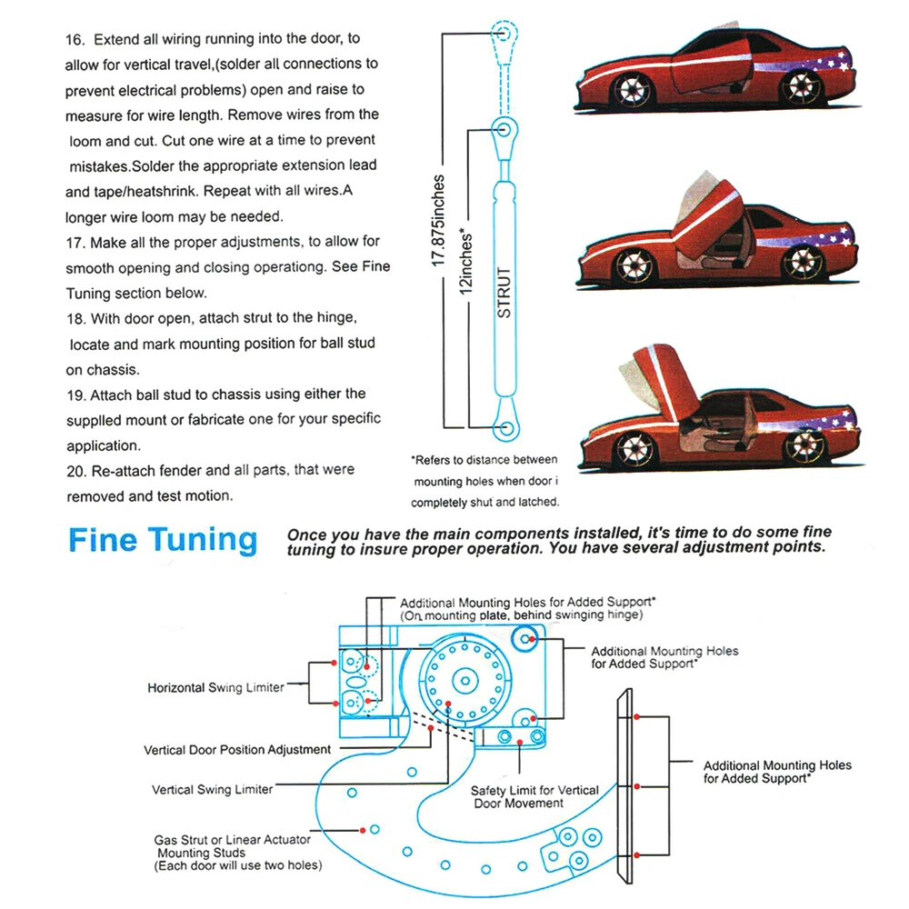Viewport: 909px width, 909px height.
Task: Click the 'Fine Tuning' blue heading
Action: coord(163,541)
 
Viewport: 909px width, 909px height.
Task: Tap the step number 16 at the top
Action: coord(75,40)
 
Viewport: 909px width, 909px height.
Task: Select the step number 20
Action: coord(76,471)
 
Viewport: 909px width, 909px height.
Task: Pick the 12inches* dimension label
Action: coord(466,258)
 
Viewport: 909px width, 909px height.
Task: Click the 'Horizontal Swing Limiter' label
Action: coord(215,688)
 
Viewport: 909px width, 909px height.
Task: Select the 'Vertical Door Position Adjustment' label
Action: coord(237,750)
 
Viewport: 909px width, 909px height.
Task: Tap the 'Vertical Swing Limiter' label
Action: coord(212,790)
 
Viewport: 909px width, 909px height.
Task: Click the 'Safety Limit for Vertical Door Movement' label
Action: coord(534,797)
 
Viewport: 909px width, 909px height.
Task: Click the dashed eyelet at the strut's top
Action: coord(504,34)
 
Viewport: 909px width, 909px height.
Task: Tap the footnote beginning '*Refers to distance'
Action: coord(484,460)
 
